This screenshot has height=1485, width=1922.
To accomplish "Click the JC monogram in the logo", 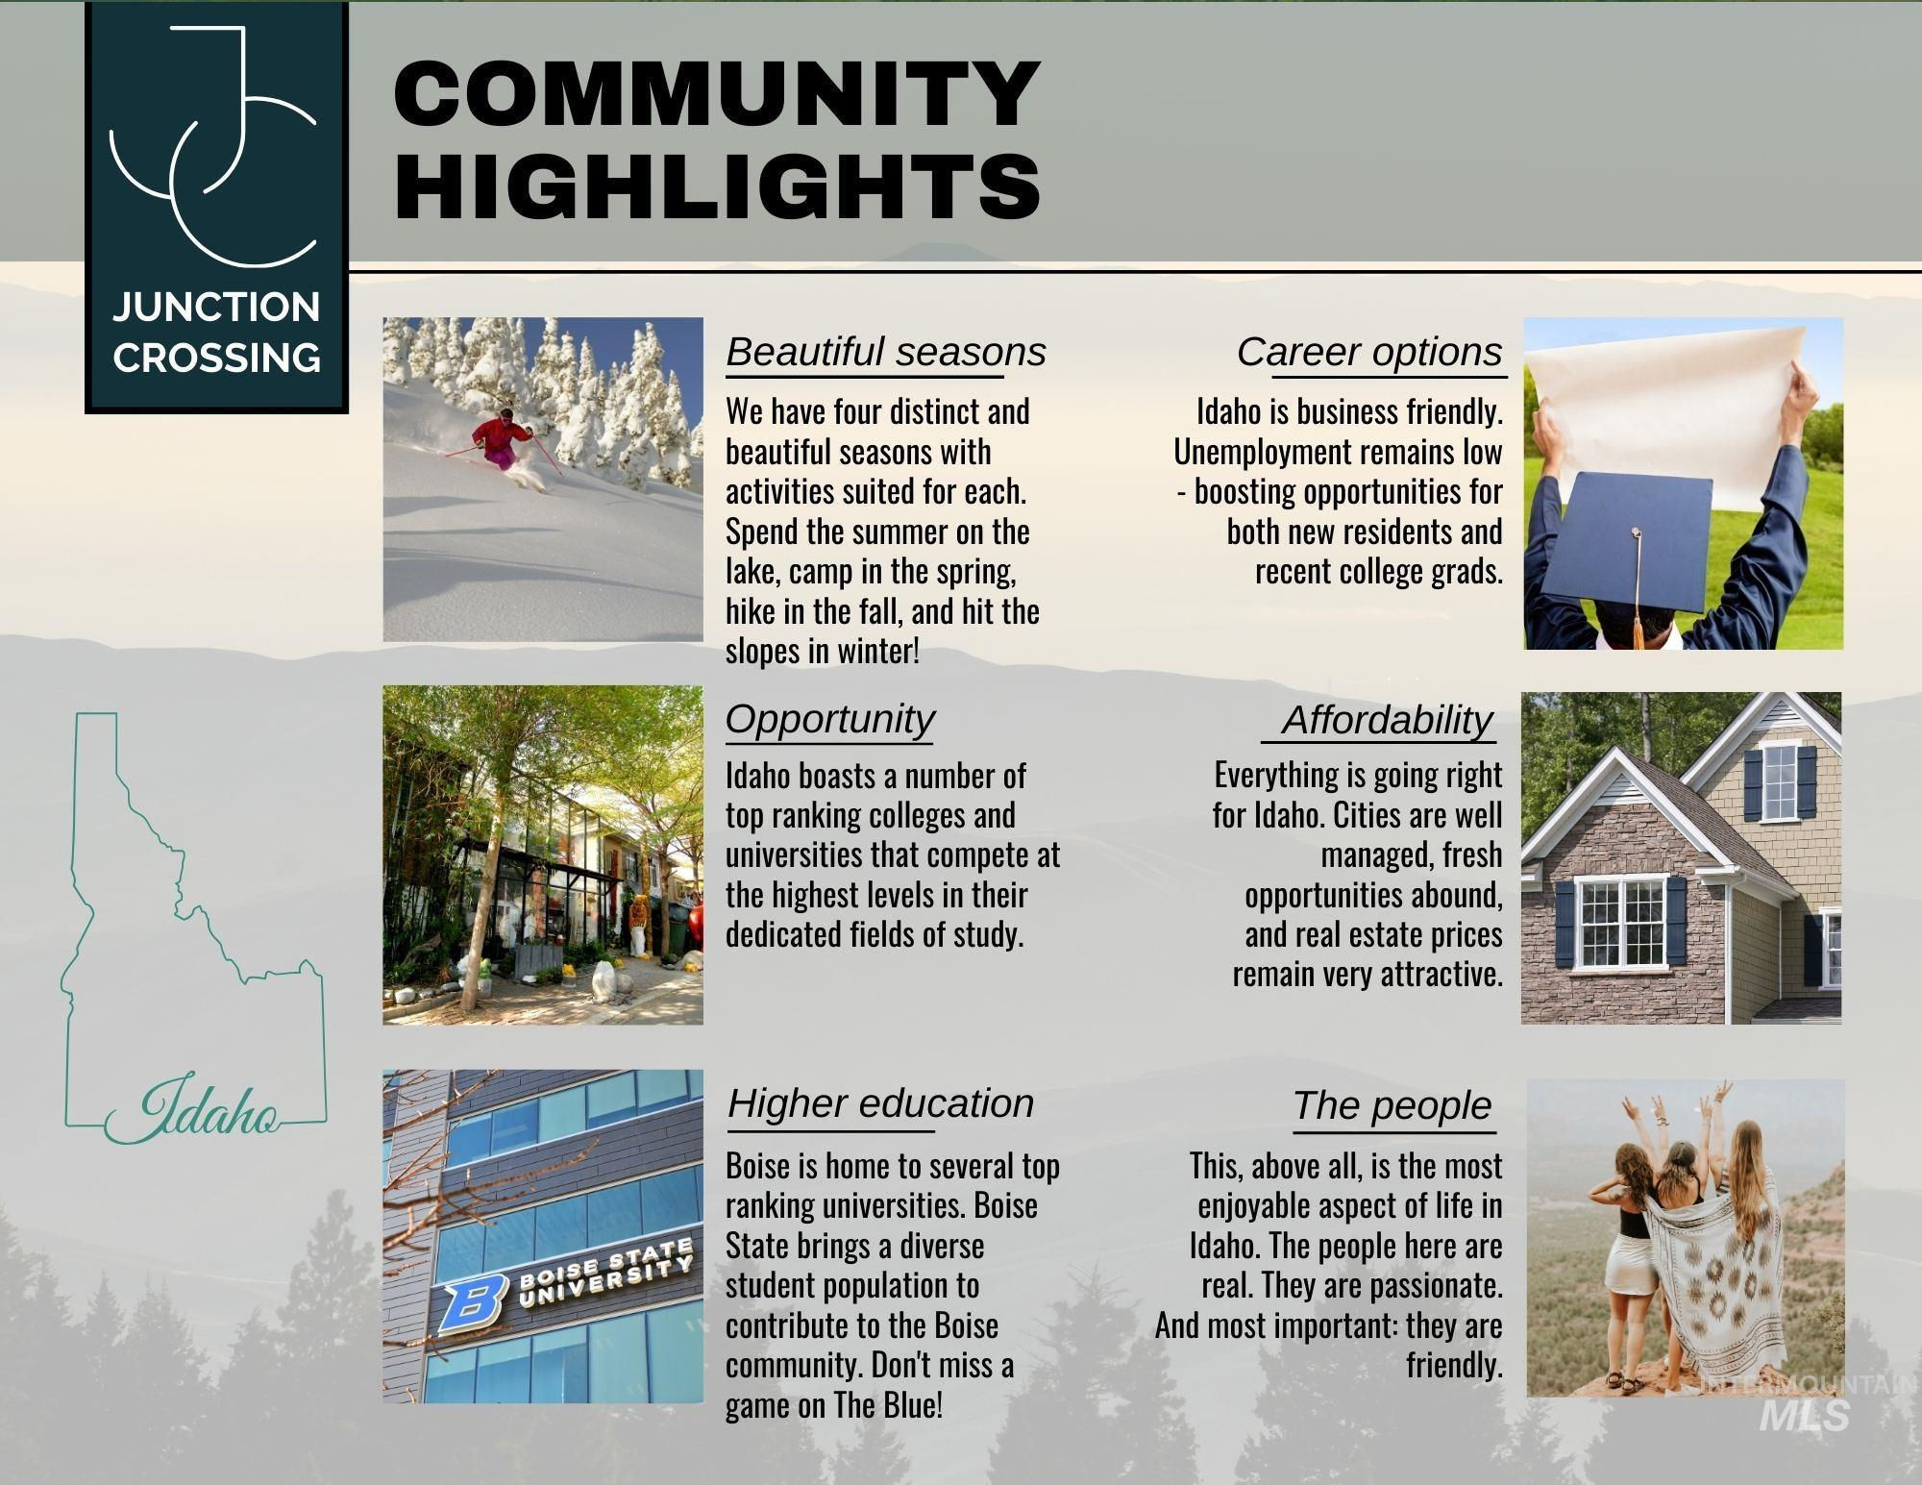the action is click(x=213, y=144).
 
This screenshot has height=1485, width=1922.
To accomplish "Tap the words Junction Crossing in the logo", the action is click(x=216, y=333).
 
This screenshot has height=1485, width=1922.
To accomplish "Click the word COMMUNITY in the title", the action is click(x=718, y=93).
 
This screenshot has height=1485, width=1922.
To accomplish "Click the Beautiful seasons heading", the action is click(x=885, y=352).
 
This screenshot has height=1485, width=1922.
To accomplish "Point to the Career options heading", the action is click(x=1369, y=352).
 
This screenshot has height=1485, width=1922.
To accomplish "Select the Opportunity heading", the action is click(x=829, y=718).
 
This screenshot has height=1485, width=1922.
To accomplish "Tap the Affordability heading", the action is click(x=1387, y=719).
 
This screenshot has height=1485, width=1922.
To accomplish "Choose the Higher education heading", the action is click(x=880, y=1103).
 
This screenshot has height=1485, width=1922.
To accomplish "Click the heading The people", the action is click(x=1392, y=1105).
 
